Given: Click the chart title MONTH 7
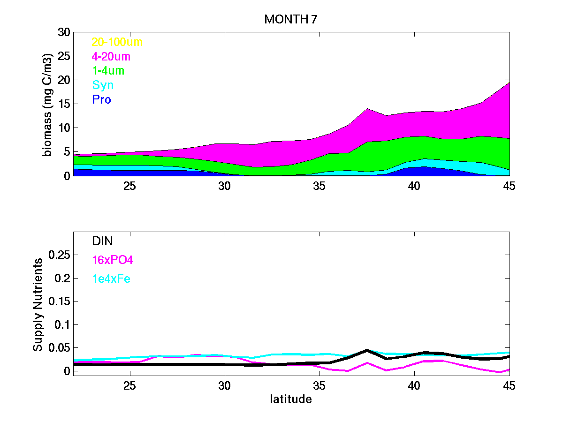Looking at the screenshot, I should pos(291,19).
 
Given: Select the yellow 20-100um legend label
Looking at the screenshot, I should pos(117,42).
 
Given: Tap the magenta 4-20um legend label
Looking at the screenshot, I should pos(111,57).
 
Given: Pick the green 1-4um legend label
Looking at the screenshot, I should pos(108,71).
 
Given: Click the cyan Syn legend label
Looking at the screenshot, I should pos(103,85).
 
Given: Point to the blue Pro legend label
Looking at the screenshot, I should pos(101,100).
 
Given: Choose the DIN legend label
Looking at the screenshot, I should pos(102,241).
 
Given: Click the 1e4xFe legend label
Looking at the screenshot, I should pos(111,279).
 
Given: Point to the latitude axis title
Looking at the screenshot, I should pos(291,399).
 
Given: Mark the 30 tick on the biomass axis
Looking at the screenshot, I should pos(64,32).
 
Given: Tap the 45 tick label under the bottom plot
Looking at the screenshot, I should pos(509,386).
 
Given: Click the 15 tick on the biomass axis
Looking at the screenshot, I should pos(64,104).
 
